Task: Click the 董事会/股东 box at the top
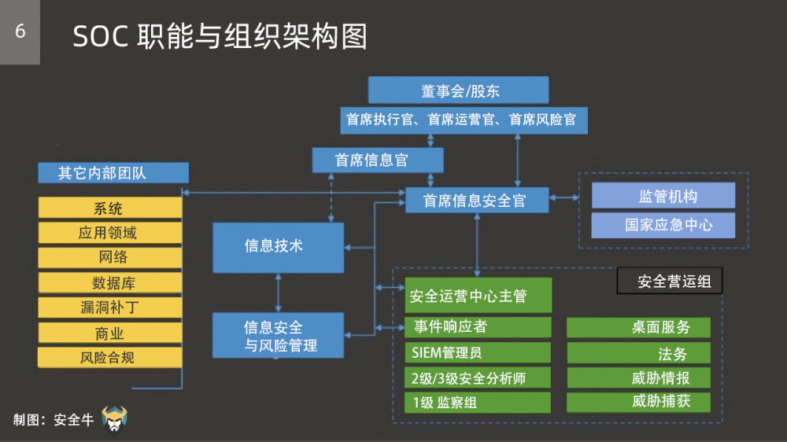coord(458,90)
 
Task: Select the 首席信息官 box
coord(377,160)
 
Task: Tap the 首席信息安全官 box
coord(477,201)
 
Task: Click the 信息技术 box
coord(278,247)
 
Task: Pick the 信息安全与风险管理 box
coord(278,336)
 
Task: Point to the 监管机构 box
coord(663,196)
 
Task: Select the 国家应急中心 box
coord(663,225)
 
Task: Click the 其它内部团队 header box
coord(113,173)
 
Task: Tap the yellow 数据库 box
coord(110,283)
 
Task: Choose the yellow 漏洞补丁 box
coord(110,308)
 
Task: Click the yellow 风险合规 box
coord(110,357)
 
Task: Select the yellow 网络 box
coord(110,258)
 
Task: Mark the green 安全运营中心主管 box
coord(478,297)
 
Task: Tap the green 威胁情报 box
coord(638,378)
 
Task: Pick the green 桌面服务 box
coord(638,327)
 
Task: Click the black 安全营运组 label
coord(669,282)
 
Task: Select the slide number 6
coord(20,31)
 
